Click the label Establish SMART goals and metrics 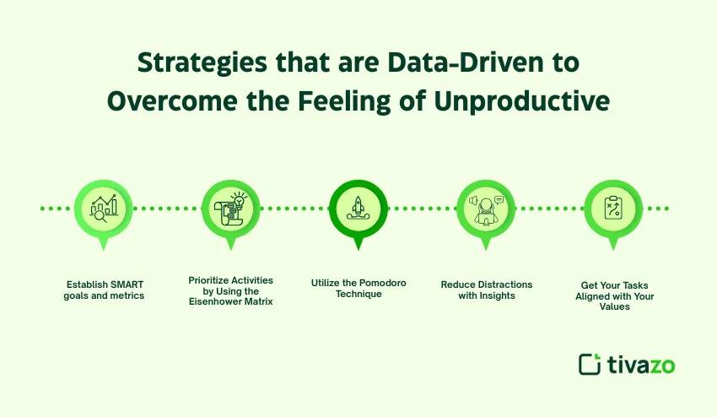point(104,290)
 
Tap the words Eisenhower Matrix point(231,301)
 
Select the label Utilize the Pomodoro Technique point(358,289)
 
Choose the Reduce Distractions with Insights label point(486,290)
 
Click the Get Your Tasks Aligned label point(613,296)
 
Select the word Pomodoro point(379,283)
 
